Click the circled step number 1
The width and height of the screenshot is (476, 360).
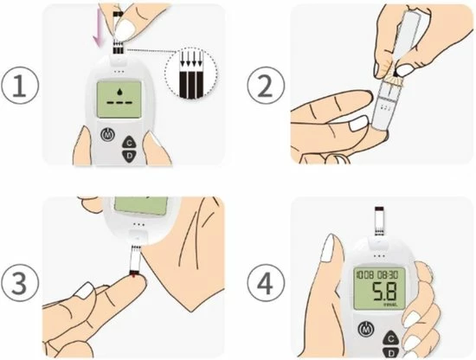click(20, 86)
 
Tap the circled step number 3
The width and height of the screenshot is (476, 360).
click(20, 281)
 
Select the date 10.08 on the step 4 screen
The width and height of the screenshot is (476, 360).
click(363, 273)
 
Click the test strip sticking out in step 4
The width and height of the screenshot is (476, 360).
click(376, 222)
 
